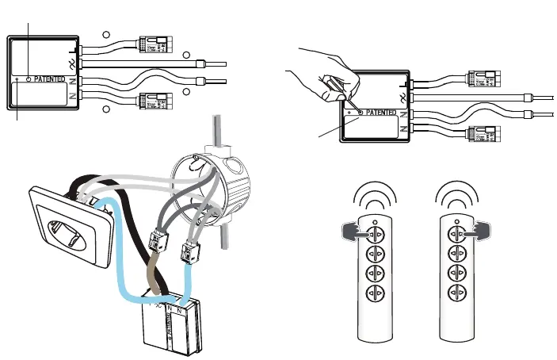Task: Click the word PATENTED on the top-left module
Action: [49, 81]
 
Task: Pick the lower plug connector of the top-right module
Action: [483, 135]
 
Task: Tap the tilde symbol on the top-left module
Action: [72, 62]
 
